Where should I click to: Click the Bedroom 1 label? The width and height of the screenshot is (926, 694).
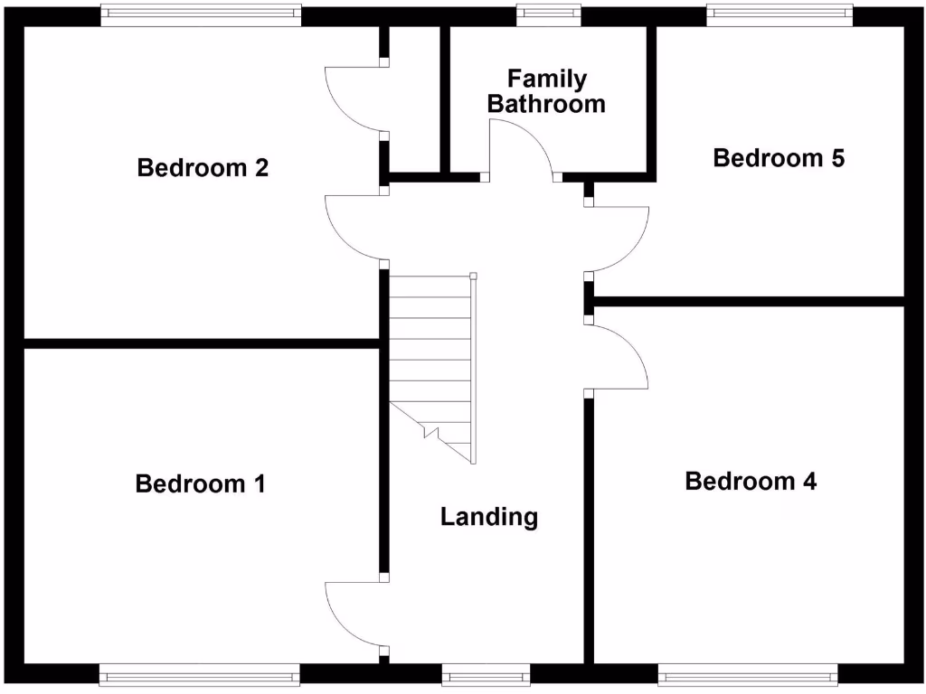point(200,484)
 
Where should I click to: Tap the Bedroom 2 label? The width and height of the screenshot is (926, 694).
point(203,168)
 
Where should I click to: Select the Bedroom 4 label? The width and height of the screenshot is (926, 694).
point(751,482)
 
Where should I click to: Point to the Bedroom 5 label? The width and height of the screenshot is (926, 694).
point(779,158)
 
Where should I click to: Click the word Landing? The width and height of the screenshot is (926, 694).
point(489,517)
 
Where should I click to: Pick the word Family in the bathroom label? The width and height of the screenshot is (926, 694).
point(546,80)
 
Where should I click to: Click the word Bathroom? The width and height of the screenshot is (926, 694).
point(546,104)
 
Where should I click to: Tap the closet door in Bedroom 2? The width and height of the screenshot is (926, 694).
point(354,98)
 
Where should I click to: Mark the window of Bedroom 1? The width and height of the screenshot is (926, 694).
point(199,674)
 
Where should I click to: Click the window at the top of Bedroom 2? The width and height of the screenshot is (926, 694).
point(201,14)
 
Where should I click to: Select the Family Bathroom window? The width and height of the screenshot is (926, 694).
point(549,14)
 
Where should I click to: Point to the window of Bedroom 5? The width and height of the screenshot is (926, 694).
point(780,14)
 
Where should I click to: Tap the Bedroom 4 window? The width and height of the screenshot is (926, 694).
point(749,674)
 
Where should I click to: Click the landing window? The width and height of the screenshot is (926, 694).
point(486,674)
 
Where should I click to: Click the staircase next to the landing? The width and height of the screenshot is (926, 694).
point(430,361)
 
